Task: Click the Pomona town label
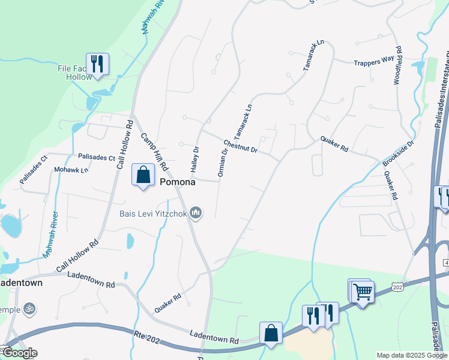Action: [x=178, y=181]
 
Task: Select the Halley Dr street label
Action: [x=195, y=157]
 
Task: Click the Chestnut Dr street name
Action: [x=240, y=146]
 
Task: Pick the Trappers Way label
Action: [x=373, y=61]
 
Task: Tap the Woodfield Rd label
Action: [x=397, y=65]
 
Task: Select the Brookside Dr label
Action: [x=399, y=154]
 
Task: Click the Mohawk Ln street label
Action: [x=71, y=170]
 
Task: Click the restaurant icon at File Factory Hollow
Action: [x=97, y=62]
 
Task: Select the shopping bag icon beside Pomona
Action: [x=143, y=175]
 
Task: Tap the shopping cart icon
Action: [x=363, y=292]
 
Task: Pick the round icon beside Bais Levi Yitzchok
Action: [x=195, y=212]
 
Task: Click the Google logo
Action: [x=20, y=352]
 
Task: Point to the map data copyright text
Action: [x=412, y=355]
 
